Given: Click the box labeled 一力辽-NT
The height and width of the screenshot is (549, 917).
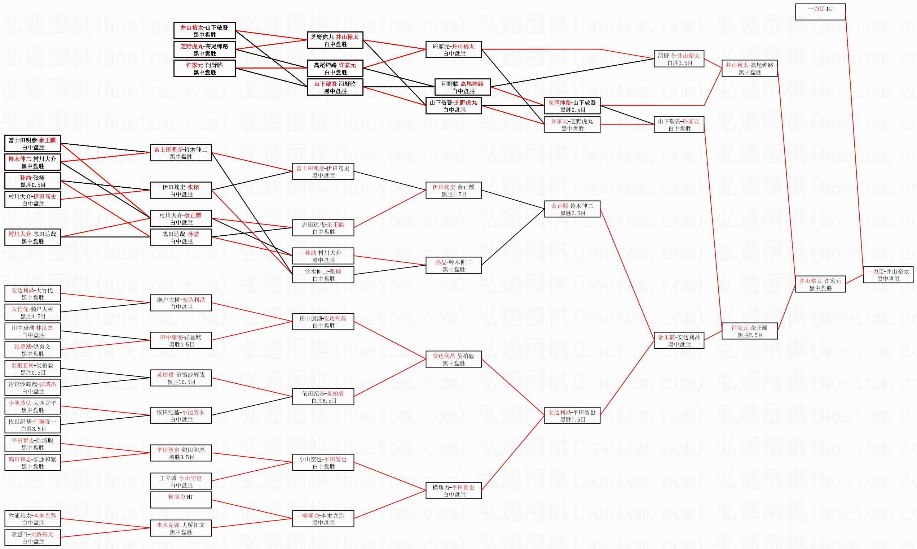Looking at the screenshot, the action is click(820, 12).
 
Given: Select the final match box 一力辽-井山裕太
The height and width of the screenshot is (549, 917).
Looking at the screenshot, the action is click(888, 274).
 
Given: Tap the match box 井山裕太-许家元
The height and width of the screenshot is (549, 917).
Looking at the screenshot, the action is click(820, 284).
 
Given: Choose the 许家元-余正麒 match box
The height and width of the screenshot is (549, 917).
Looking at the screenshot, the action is click(750, 331).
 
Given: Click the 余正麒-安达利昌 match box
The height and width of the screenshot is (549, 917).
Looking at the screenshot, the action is click(679, 340).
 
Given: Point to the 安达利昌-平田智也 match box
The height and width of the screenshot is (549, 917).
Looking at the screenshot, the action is click(572, 415).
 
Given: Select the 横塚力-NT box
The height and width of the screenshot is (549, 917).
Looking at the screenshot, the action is click(181, 500).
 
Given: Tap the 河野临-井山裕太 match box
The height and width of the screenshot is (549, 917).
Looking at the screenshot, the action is click(679, 59).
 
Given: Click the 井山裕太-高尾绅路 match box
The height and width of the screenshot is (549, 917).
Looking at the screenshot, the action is click(750, 68).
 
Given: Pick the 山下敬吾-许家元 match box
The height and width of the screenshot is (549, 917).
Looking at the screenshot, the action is click(679, 125).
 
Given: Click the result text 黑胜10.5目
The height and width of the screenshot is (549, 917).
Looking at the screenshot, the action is click(181, 382).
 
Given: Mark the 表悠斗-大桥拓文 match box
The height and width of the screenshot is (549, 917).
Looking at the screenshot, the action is click(32, 537).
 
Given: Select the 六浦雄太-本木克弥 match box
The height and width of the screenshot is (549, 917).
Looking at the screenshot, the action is click(32, 519).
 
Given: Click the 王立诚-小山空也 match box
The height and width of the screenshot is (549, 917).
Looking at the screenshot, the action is click(181, 481).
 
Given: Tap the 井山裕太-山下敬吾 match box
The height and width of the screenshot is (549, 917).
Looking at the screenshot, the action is click(204, 31).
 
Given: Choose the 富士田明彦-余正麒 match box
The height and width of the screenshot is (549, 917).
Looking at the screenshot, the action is click(32, 144).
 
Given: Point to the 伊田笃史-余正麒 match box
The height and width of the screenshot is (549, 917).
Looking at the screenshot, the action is click(454, 190).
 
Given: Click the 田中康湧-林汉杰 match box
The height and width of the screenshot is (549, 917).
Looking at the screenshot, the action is click(32, 331).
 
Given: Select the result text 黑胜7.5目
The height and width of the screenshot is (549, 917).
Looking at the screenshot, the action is click(573, 419).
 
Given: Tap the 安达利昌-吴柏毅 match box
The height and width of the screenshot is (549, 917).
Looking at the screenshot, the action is click(454, 359).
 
